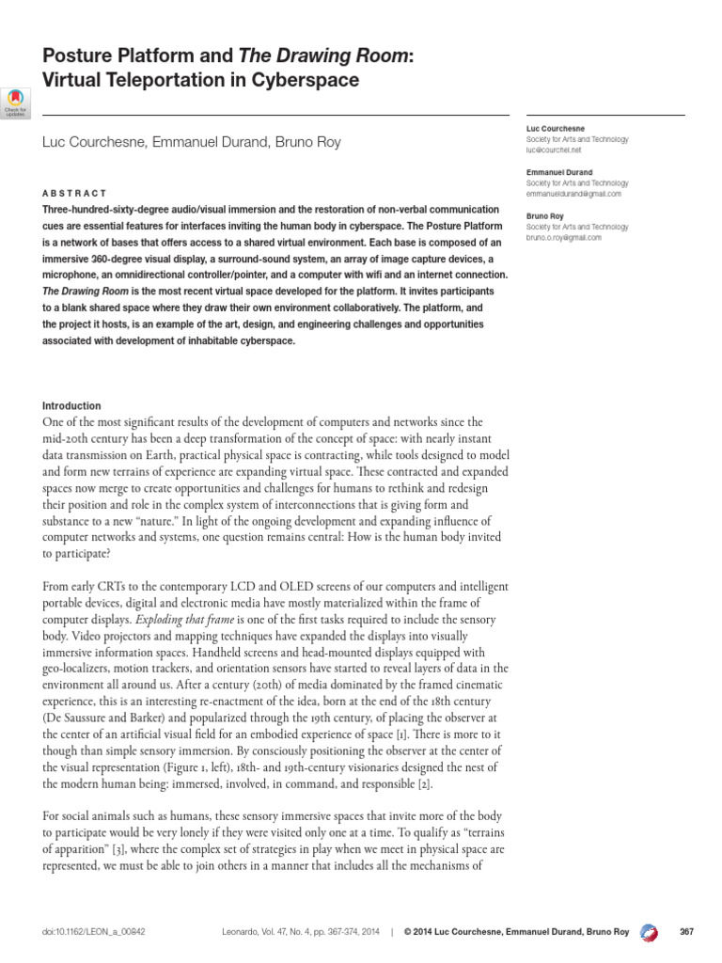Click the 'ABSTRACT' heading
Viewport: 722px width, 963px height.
tap(74, 192)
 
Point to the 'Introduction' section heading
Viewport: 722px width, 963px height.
tap(71, 405)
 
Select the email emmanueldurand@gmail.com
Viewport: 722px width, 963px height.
tap(574, 193)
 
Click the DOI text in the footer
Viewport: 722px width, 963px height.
tap(93, 931)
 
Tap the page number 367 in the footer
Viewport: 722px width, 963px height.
tap(685, 931)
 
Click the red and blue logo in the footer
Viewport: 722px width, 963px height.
tap(648, 931)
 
